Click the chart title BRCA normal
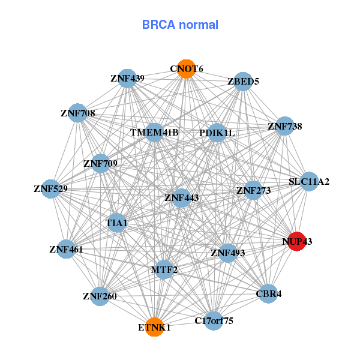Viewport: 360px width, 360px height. point(180,25)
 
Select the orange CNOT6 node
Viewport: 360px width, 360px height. point(187,69)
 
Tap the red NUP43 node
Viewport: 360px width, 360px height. point(297,241)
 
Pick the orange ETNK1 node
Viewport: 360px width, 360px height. point(155,327)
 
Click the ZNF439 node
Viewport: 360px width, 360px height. point(127,79)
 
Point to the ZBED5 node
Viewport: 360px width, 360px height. point(242,82)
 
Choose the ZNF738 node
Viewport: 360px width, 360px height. point(284,127)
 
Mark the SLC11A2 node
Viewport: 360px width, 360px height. point(308,181)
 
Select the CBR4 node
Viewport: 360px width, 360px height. point(268,293)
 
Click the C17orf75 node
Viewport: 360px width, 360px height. point(214,320)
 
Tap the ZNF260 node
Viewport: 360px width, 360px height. point(100,295)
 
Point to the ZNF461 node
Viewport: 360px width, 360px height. point(67,248)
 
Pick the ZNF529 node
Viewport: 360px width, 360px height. point(51,189)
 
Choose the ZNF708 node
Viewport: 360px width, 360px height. point(77,113)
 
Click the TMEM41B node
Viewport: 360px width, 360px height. point(155,132)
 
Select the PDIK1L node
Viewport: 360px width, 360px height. point(217,133)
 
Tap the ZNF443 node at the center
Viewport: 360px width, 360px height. point(182,197)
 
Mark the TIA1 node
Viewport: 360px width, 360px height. point(117,223)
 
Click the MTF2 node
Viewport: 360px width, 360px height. point(164,269)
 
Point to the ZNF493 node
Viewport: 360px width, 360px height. point(228,253)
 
